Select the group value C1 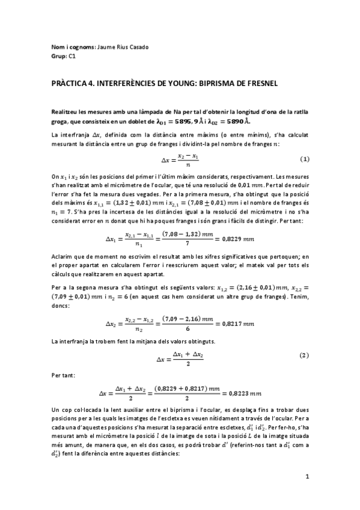72,56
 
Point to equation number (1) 304,159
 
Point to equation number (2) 304,355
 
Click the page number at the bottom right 307,478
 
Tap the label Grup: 59,56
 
